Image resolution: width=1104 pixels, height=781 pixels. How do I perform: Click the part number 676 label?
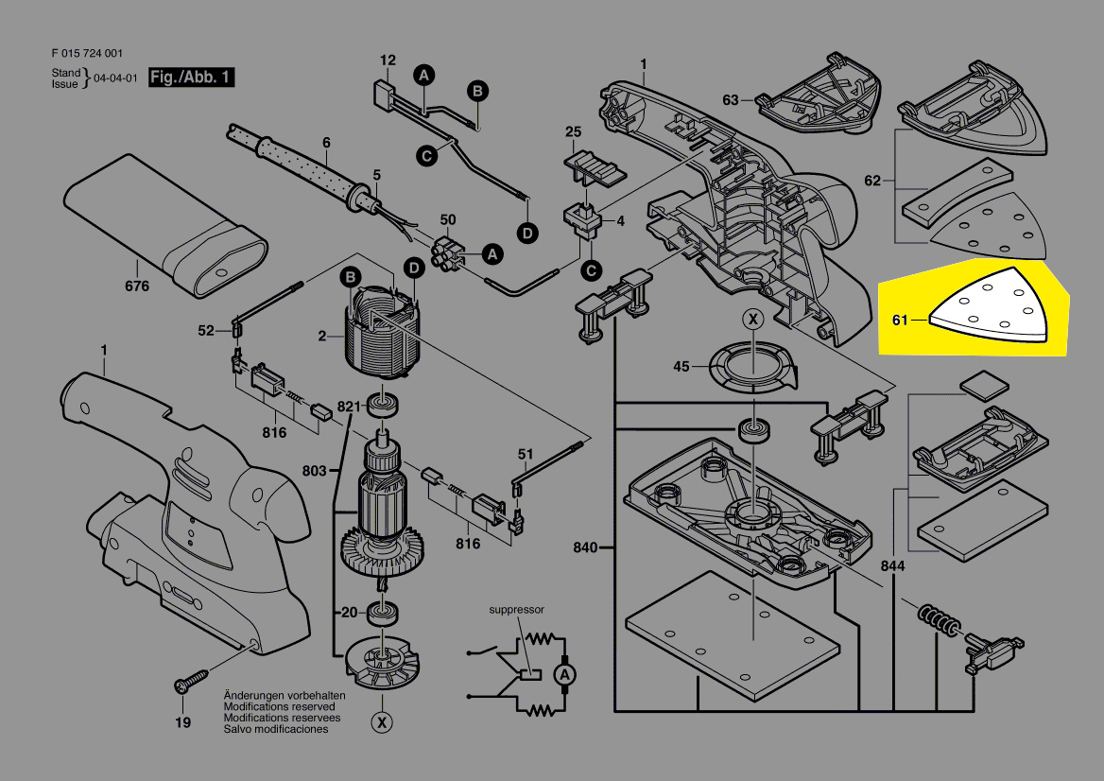pos(137,286)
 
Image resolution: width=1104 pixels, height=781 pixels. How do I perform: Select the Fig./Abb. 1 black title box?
pos(192,78)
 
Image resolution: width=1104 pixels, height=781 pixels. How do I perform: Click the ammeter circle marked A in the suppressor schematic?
pos(564,674)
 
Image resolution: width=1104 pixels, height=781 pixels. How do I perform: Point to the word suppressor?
pos(516,610)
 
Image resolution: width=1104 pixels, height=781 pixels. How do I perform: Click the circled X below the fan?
pos(382,723)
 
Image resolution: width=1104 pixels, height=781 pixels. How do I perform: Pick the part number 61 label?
pos(900,321)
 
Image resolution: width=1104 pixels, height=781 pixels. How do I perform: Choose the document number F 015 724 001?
pos(86,54)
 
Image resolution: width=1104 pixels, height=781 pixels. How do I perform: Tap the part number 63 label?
pos(731,99)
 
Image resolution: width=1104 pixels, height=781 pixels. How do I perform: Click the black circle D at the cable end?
pos(527,233)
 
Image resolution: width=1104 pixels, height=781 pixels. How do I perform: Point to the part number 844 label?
pos(891,566)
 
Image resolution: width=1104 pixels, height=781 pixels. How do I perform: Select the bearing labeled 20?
pos(386,614)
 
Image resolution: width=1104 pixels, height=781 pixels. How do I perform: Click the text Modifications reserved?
pos(278,706)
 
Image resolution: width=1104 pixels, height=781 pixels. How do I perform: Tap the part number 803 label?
pos(315,470)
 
